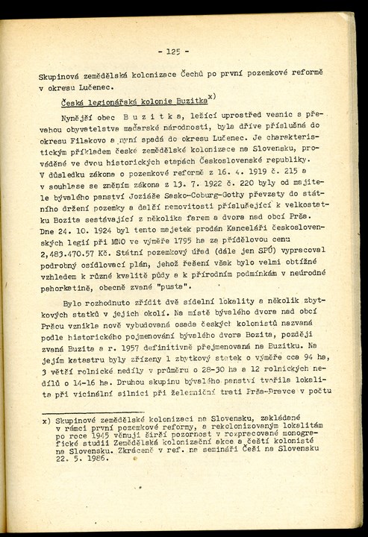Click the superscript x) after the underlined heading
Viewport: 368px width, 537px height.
213,95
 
